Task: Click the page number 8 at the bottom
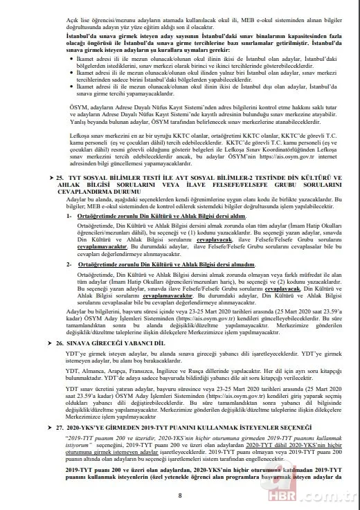click(x=180, y=496)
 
